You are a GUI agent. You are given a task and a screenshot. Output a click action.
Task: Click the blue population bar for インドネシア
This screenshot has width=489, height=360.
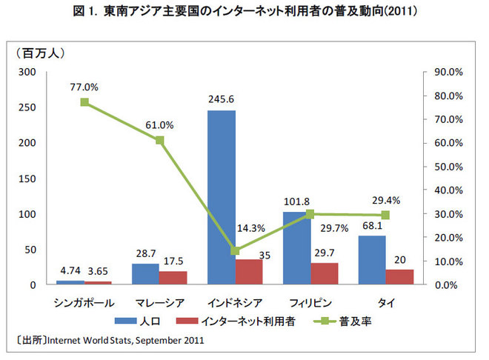[x=222, y=197]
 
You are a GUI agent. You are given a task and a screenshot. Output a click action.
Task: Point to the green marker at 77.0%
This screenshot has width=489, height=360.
[x=85, y=102]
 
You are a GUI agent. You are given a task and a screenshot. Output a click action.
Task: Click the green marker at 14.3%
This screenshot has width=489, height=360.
[x=235, y=250]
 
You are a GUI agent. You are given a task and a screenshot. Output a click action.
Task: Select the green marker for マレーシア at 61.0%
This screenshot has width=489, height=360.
[x=160, y=140]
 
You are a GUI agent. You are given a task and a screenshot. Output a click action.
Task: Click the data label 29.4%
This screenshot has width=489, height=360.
[x=386, y=201]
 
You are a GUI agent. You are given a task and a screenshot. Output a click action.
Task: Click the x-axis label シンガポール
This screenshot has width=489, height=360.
[x=84, y=302]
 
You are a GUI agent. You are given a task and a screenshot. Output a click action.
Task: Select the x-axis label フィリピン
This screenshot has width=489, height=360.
[x=310, y=302]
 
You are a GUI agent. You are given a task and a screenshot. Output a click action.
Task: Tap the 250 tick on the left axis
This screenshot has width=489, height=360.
[x=27, y=108]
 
